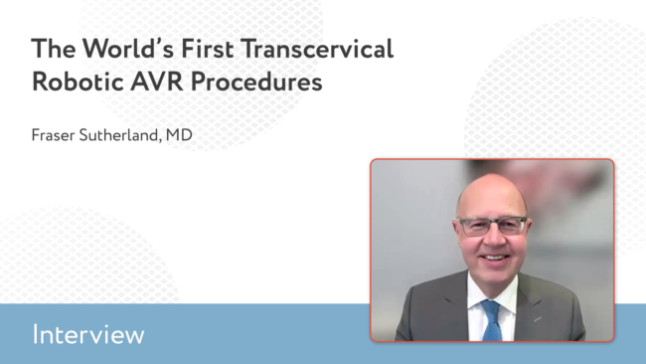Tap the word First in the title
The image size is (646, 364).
tap(208, 49)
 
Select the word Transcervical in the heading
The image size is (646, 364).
tap(317, 49)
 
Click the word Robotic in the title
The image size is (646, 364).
tap(78, 82)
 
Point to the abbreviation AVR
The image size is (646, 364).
tap(157, 82)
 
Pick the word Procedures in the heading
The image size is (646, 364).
tap(256, 82)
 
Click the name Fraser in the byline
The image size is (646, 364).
tap(53, 135)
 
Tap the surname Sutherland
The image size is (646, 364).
tap(118, 135)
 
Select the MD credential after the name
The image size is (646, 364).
tap(179, 135)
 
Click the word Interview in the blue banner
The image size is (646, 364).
tap(88, 334)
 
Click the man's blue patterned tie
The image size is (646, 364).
tap(492, 321)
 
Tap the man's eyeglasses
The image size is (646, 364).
tap(492, 226)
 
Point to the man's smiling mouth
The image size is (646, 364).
tap(495, 259)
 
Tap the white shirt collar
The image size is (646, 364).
tap(493, 290)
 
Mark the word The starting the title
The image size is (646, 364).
tap(54, 49)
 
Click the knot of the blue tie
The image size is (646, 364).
tap(491, 307)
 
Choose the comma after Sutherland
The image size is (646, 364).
tap(160, 140)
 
